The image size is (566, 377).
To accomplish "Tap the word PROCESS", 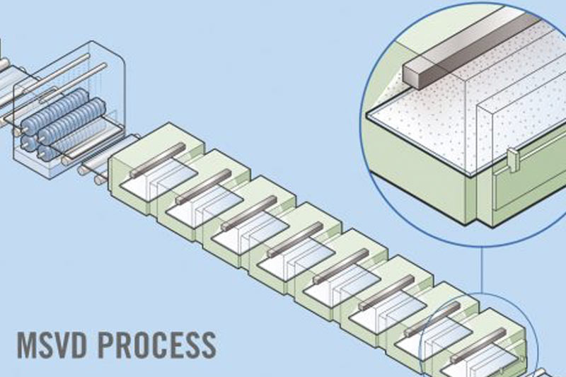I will point(156,344).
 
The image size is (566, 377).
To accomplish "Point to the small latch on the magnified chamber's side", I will point(514,159).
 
